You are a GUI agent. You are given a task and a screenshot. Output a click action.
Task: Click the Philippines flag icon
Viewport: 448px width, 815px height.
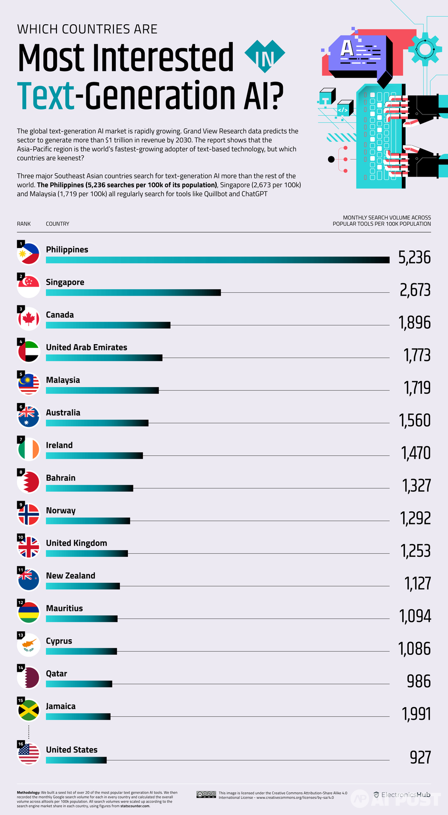click(x=28, y=254)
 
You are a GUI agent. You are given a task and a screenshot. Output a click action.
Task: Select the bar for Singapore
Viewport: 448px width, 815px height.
click(x=133, y=292)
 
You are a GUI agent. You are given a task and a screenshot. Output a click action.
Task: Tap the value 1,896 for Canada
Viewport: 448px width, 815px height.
click(x=414, y=323)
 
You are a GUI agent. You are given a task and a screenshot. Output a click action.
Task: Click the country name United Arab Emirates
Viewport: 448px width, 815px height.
click(x=86, y=347)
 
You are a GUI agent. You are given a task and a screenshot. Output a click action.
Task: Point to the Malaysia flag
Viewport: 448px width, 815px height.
click(x=28, y=384)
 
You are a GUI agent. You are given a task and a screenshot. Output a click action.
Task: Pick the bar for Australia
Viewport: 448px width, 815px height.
click(x=97, y=423)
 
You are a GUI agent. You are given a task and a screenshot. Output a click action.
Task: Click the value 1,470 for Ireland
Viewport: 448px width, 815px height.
click(x=416, y=453)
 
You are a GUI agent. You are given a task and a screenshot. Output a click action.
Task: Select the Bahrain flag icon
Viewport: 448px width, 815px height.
click(x=28, y=482)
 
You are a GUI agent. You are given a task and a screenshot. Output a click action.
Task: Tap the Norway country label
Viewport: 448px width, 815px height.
click(x=61, y=510)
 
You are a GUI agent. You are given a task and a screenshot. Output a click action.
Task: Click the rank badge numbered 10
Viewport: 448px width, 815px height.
click(x=21, y=538)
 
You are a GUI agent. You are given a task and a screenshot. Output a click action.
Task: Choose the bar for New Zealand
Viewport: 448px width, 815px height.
click(x=83, y=586)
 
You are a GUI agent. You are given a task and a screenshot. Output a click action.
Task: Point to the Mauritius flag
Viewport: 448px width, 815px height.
click(x=28, y=613)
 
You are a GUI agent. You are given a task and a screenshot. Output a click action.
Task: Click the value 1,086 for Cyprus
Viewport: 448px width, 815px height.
click(x=414, y=649)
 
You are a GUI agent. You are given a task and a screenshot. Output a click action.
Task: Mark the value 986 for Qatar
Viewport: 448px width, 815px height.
click(x=419, y=681)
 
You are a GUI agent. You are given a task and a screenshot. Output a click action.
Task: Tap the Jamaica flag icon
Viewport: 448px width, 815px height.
click(x=28, y=711)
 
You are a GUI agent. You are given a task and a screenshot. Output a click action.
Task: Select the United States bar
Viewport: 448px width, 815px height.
click(x=76, y=760)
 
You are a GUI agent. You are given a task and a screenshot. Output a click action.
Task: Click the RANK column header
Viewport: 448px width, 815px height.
click(x=24, y=224)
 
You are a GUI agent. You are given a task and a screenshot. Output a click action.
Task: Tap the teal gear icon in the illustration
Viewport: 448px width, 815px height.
click(x=424, y=49)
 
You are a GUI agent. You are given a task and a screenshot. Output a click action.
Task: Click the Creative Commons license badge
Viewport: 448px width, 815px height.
click(x=206, y=794)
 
